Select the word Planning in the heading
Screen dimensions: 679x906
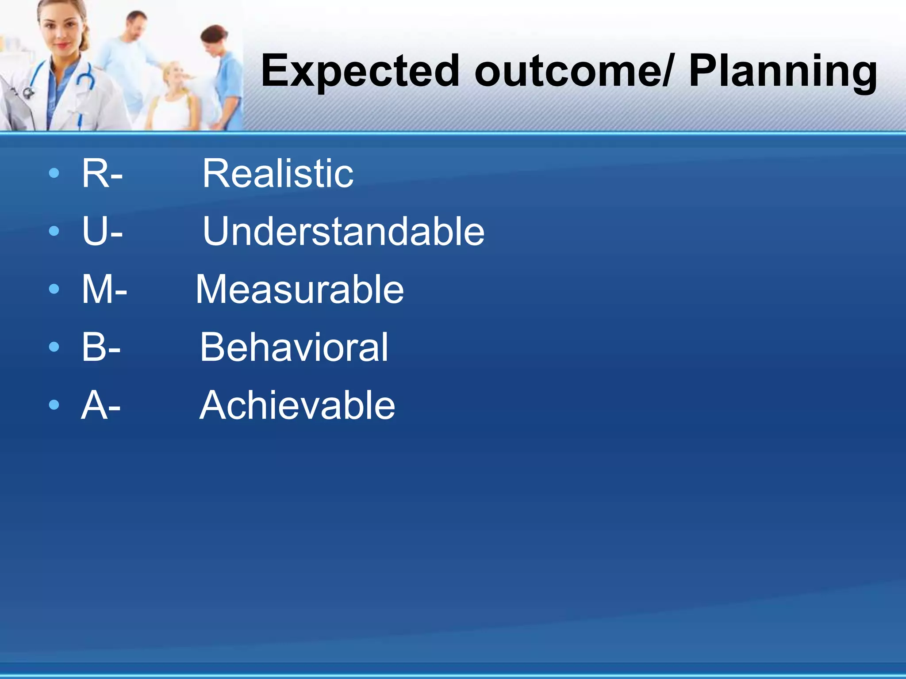(783, 72)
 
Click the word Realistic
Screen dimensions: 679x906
(278, 173)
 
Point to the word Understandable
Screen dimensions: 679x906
(343, 231)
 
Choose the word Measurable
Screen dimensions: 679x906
(299, 289)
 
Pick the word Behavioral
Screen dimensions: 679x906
(294, 347)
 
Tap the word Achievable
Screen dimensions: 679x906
(297, 405)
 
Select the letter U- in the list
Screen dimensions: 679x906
(102, 231)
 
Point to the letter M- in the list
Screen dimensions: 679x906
(104, 289)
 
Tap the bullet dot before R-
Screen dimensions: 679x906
(54, 173)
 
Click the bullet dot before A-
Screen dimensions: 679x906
(54, 404)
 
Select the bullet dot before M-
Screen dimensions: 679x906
(54, 289)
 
